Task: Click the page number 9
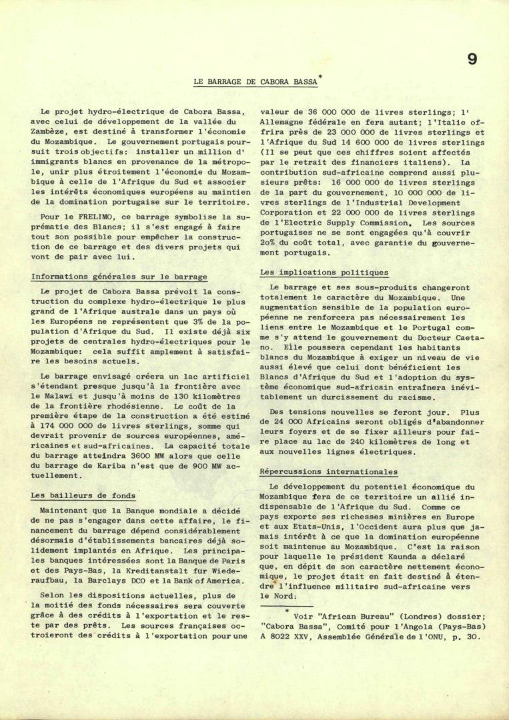click(472, 59)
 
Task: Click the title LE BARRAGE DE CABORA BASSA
click(255, 82)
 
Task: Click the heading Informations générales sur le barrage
click(119, 277)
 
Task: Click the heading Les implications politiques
click(324, 273)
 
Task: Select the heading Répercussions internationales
click(328, 472)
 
